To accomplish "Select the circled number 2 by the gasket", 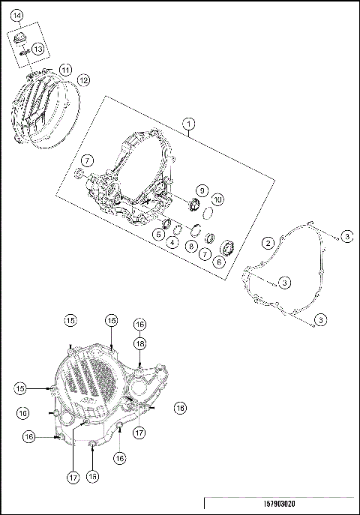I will (267, 242).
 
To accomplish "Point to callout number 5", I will (159, 235).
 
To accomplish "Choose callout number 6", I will (219, 262).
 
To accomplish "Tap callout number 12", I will (83, 79).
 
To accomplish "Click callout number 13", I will (37, 49).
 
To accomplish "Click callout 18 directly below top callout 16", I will (139, 343).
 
